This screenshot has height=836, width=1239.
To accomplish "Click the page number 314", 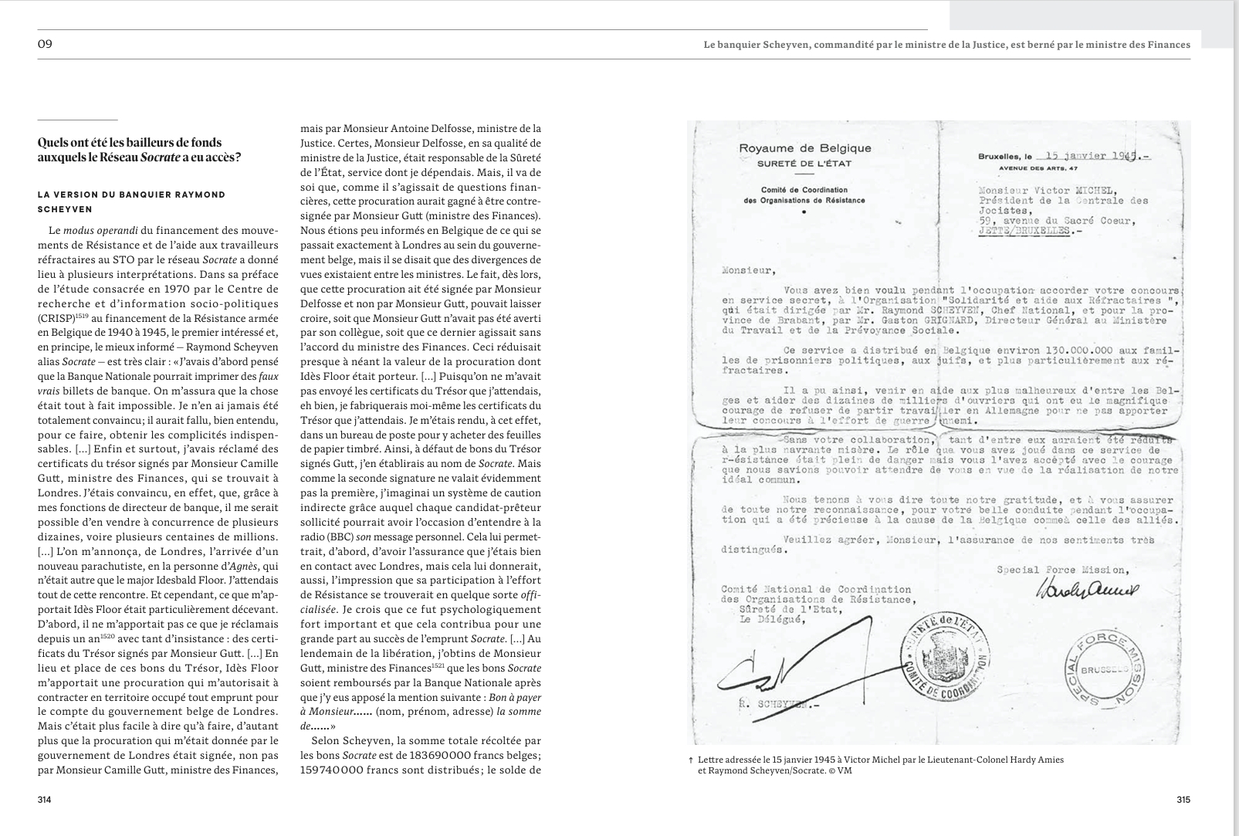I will click(44, 800).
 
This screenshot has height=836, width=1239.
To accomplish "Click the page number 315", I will click(1183, 800).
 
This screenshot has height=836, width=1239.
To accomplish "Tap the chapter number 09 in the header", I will click(45, 44).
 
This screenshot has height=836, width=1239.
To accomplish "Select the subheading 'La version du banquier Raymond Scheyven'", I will click(131, 201).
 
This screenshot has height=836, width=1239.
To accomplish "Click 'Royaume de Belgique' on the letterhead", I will click(804, 148).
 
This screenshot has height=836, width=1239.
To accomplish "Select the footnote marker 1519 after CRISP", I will click(82, 316).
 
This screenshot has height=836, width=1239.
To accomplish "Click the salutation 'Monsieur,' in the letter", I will click(746, 270).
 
